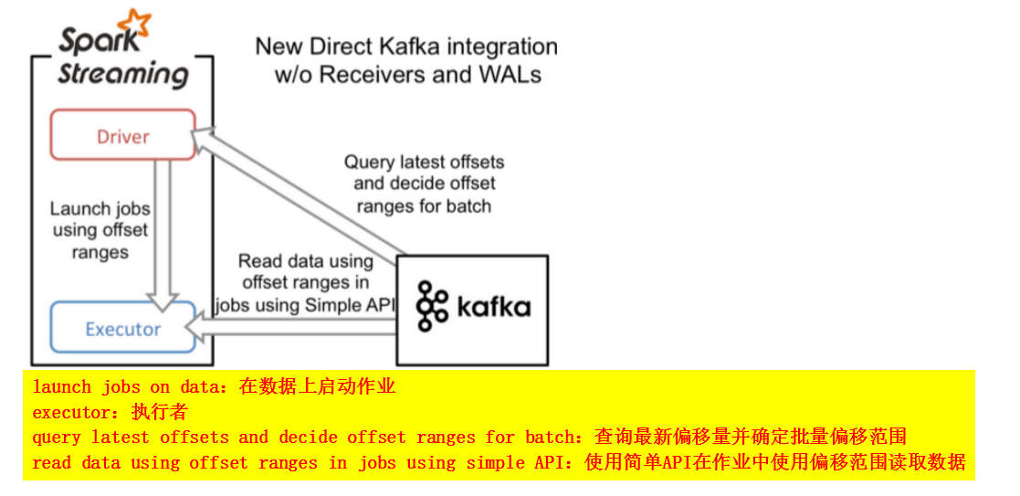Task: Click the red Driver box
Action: (122, 135)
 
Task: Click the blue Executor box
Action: (122, 328)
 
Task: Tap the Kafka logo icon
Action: (432, 306)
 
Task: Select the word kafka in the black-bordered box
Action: (494, 306)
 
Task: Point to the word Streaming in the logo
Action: (122, 73)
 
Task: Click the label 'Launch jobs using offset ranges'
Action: (100, 230)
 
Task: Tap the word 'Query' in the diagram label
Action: (369, 163)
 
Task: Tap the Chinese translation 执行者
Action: (159, 412)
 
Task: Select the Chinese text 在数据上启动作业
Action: (317, 386)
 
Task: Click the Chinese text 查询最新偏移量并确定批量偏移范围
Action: (750, 437)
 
